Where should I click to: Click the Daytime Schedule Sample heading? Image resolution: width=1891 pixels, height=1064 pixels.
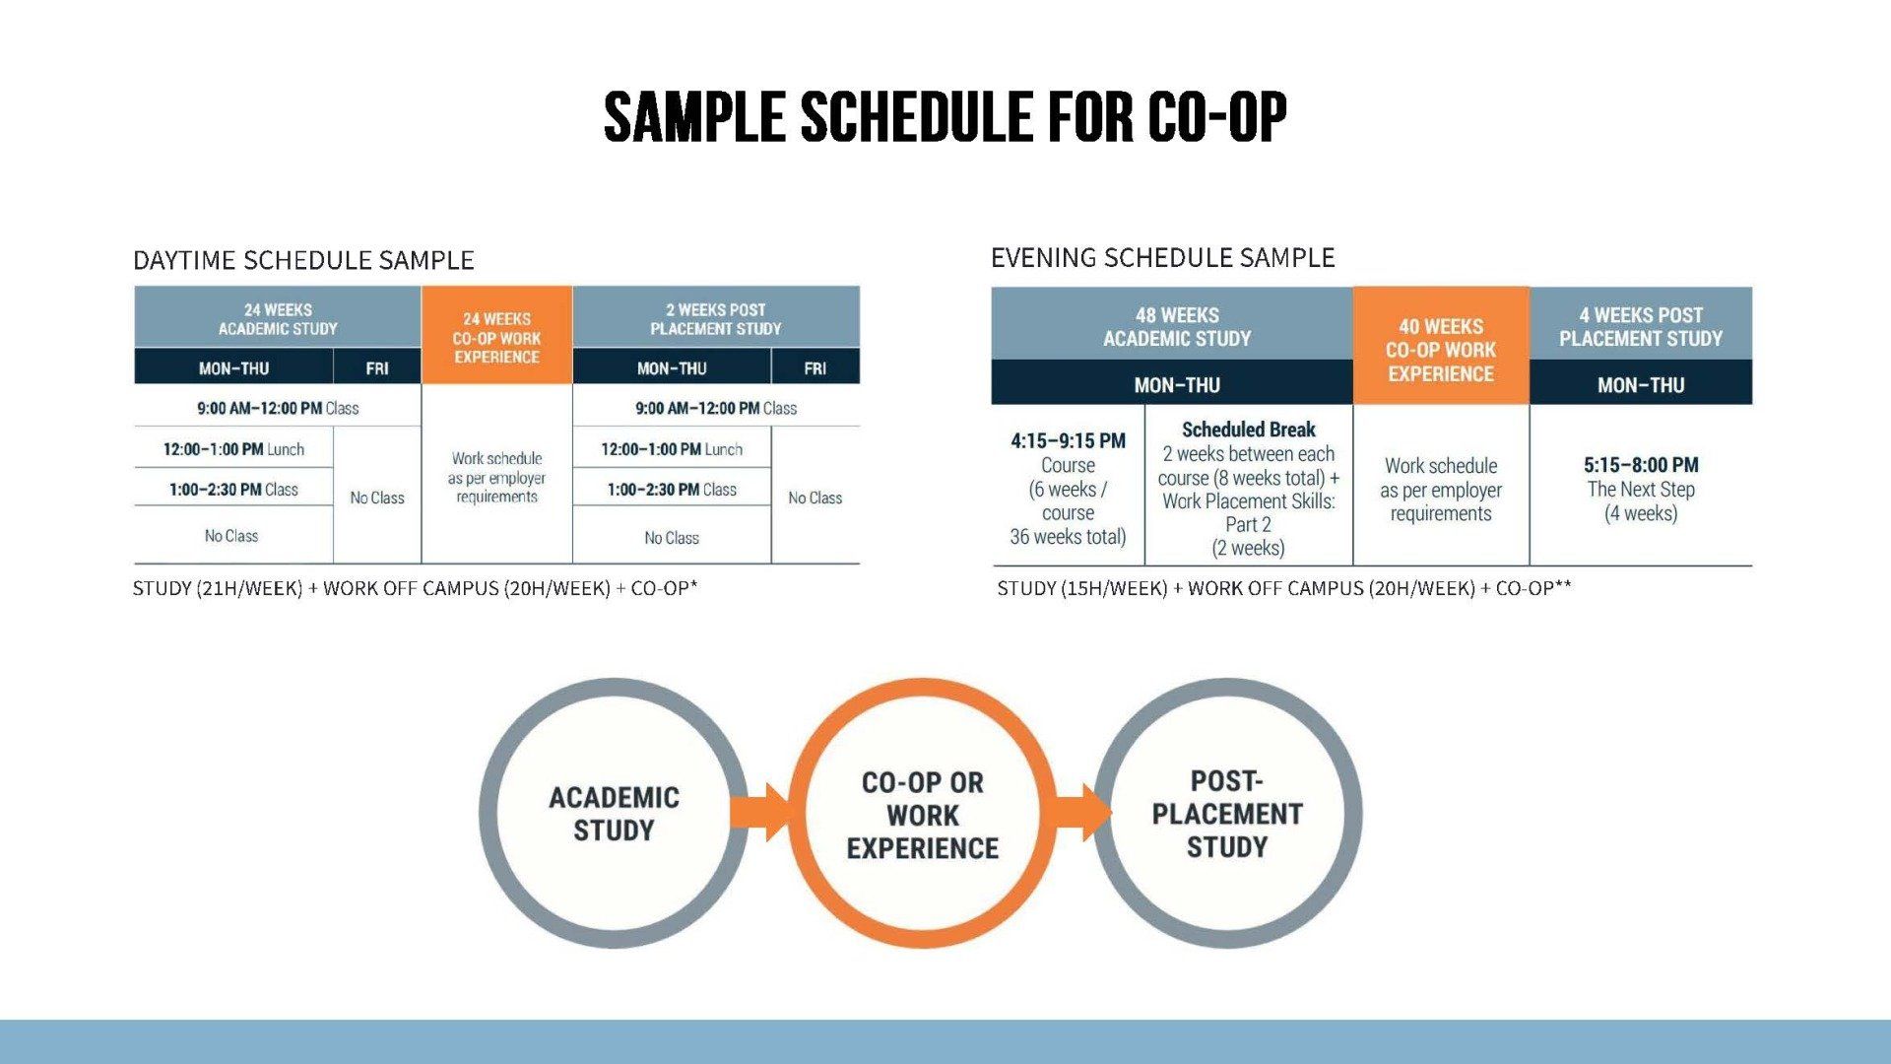click(303, 260)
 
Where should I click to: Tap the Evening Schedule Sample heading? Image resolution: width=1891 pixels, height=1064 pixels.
click(1162, 258)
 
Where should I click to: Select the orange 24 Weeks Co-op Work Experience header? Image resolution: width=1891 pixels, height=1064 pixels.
click(496, 335)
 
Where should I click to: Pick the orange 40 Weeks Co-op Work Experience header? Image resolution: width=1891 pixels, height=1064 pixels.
click(1441, 346)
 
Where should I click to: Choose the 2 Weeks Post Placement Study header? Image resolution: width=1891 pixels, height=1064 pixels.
click(716, 317)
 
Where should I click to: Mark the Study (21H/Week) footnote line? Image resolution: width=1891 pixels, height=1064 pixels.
click(415, 588)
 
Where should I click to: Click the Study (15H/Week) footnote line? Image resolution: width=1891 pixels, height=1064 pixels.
click(1284, 588)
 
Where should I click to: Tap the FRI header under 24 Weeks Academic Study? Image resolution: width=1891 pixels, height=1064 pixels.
click(377, 367)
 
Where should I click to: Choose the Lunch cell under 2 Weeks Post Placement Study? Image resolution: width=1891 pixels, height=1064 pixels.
click(672, 449)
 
